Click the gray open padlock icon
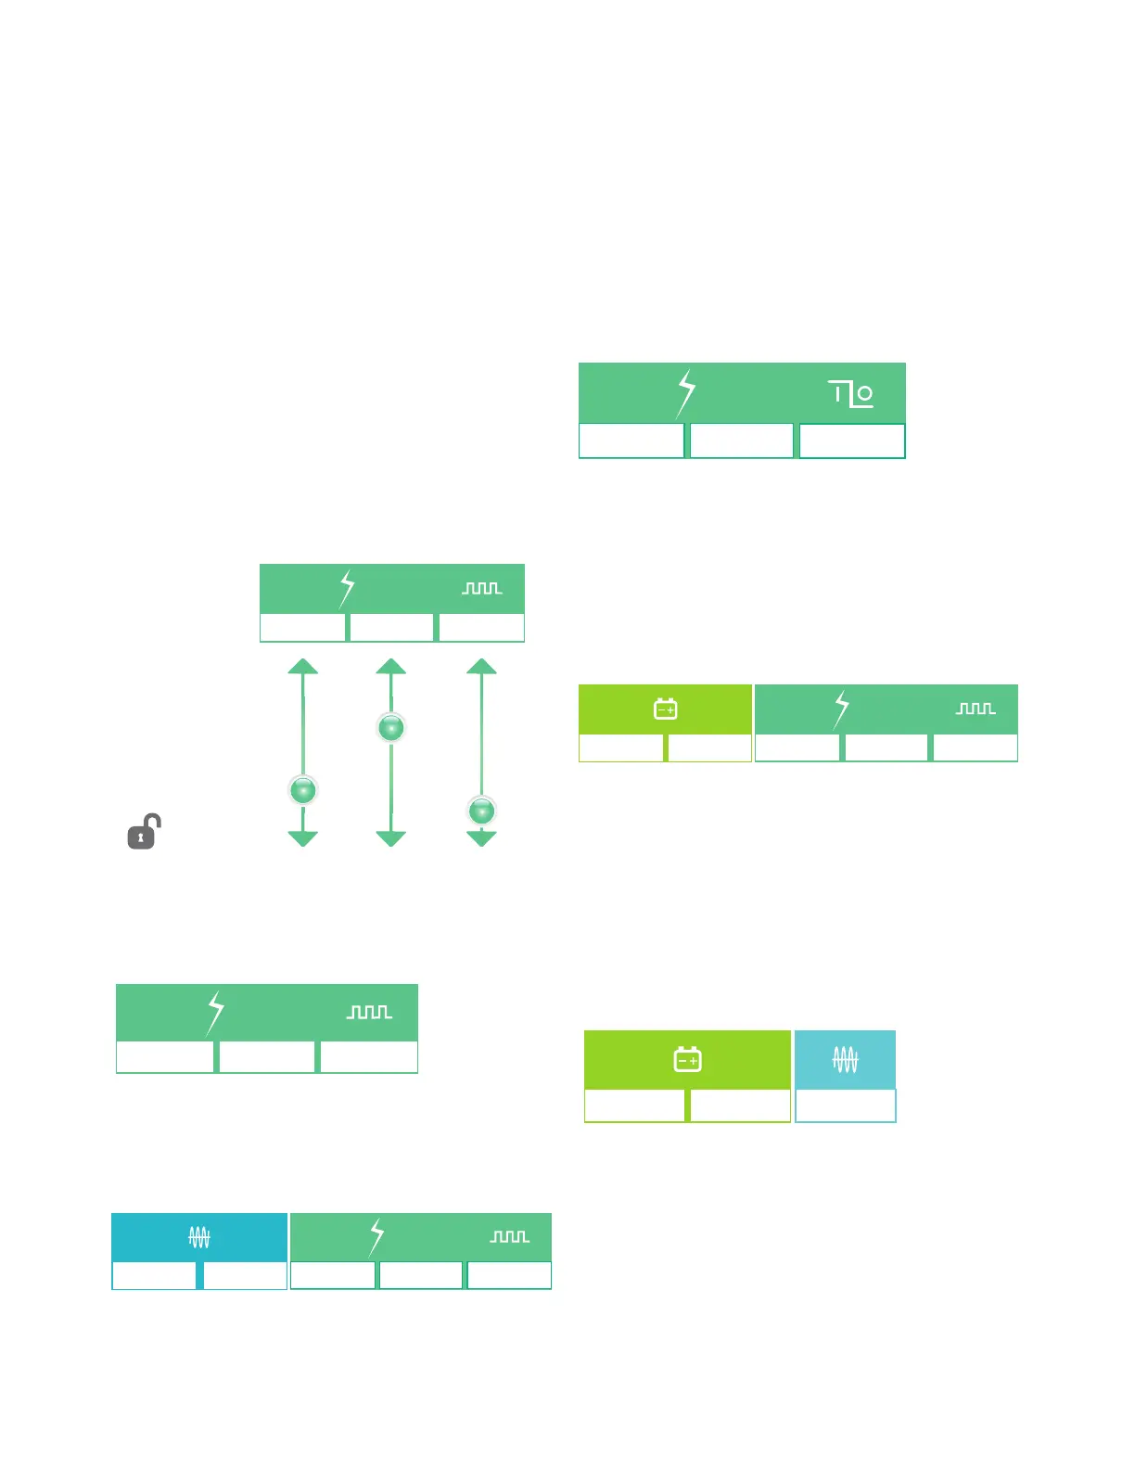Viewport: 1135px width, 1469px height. click(144, 832)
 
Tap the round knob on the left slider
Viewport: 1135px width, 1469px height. click(303, 790)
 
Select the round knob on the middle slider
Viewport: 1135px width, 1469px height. click(391, 728)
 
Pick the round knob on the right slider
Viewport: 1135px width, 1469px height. click(481, 811)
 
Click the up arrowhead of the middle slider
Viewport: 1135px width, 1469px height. click(391, 667)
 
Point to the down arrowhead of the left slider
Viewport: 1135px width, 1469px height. click(303, 838)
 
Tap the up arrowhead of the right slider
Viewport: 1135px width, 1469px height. click(481, 667)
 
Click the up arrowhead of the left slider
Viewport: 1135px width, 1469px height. click(303, 667)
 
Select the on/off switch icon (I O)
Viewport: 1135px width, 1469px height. click(851, 394)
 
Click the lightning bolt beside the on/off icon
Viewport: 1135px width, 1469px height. click(685, 393)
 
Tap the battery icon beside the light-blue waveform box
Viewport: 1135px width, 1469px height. click(687, 1059)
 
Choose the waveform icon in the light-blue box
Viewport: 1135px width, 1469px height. click(845, 1059)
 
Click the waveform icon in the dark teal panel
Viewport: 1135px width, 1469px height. click(199, 1236)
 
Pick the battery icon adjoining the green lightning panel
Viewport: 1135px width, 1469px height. click(666, 709)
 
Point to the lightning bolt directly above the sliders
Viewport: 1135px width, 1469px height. click(347, 589)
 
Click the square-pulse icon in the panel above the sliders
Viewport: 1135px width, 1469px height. click(482, 589)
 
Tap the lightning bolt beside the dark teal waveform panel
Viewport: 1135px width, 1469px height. click(376, 1237)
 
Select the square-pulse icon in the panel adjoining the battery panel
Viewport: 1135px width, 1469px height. click(976, 709)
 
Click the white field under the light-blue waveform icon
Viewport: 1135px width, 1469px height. click(846, 1105)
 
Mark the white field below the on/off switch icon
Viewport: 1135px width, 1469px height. click(852, 441)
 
